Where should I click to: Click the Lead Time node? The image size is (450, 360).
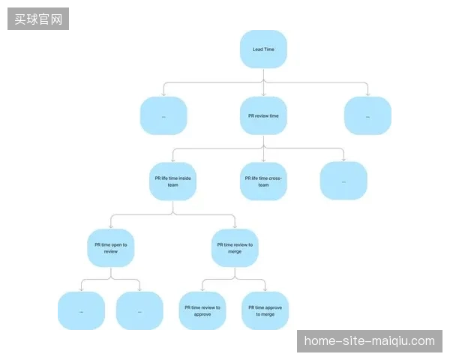click(x=263, y=49)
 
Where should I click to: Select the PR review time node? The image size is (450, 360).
click(x=263, y=115)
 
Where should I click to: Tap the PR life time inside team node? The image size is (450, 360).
click(x=172, y=181)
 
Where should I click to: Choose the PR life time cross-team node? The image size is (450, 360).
click(x=263, y=181)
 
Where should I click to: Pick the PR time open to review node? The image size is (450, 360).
click(x=111, y=248)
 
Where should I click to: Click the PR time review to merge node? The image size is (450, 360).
click(x=235, y=248)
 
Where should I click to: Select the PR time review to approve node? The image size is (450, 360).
click(x=202, y=311)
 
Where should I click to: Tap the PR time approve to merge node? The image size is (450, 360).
click(x=265, y=311)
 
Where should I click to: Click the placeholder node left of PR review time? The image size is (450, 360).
click(x=163, y=115)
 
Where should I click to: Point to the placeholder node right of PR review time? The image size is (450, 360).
click(x=368, y=115)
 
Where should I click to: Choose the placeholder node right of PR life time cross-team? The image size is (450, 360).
click(x=343, y=181)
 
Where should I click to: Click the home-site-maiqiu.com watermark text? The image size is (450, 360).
click(x=369, y=341)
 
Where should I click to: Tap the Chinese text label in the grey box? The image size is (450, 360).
click(x=38, y=19)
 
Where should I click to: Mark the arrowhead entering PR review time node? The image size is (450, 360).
click(x=263, y=94)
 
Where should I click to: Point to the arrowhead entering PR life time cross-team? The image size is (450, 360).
click(x=263, y=160)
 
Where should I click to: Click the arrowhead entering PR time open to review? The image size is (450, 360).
click(x=111, y=226)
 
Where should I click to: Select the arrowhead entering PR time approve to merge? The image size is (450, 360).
click(x=265, y=289)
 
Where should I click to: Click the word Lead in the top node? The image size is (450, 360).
click(x=257, y=49)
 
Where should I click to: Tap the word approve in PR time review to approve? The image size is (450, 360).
click(x=202, y=314)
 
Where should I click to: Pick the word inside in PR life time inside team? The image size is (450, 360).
click(x=184, y=178)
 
